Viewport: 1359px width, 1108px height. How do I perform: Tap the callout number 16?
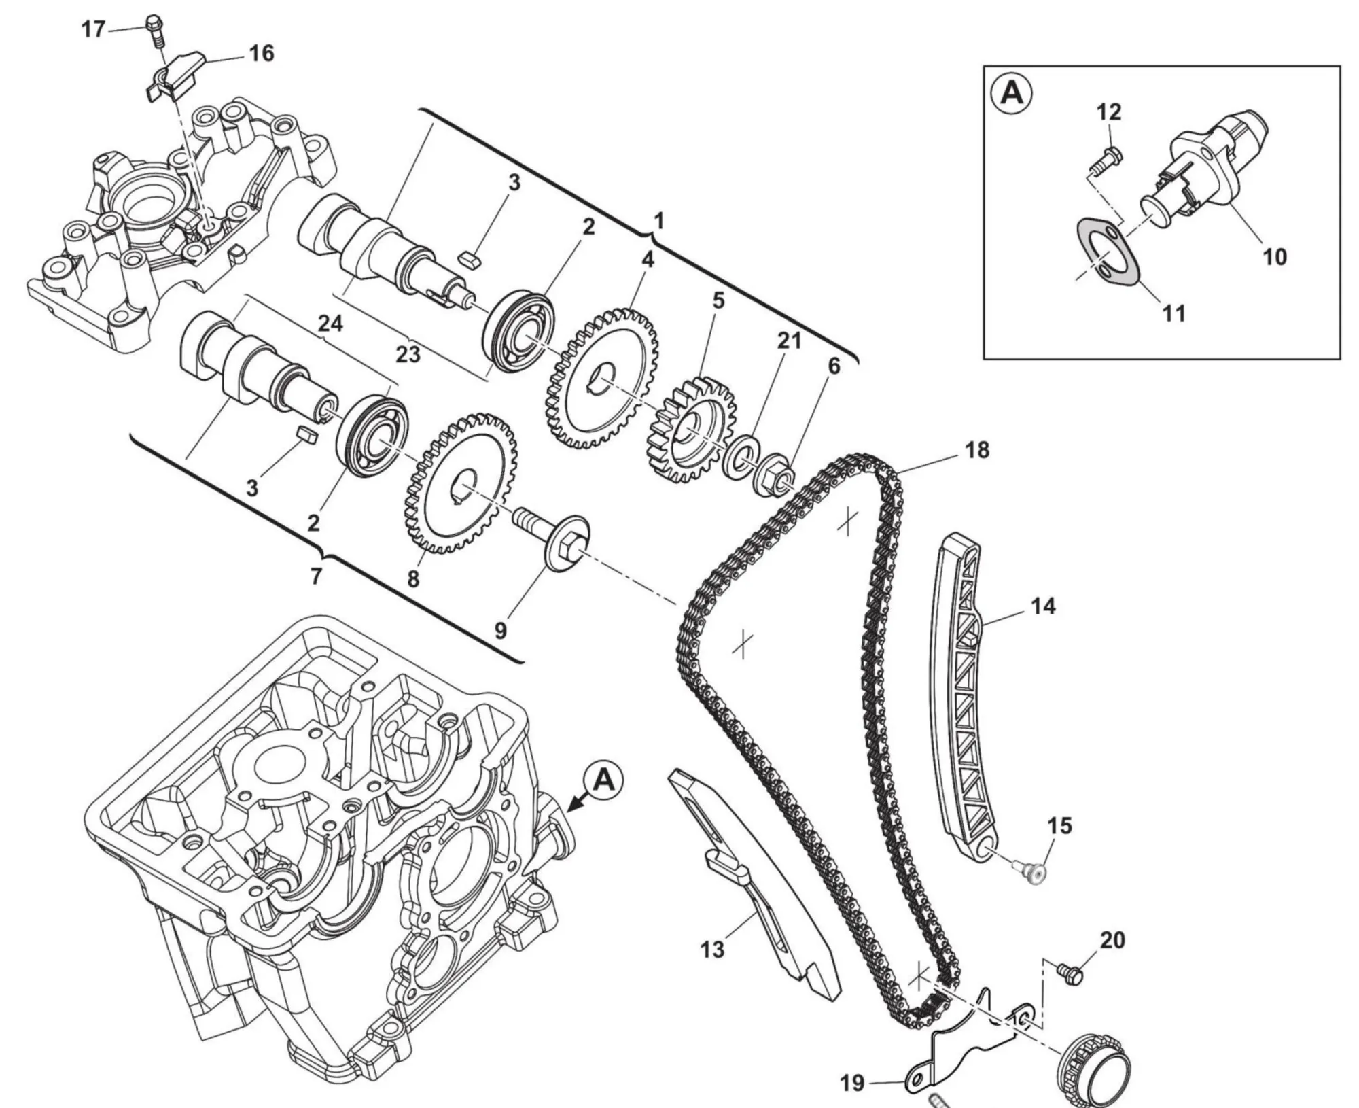pos(261,54)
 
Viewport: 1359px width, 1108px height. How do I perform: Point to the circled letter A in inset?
pos(1012,93)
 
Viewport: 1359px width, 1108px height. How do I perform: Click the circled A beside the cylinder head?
pos(603,781)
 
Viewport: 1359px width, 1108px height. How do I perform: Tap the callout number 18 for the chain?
pos(977,450)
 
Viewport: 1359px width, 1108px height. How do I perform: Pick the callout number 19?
pos(852,1082)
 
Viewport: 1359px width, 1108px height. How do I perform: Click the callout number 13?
pos(712,950)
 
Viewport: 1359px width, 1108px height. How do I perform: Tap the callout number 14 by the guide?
pos(1043,606)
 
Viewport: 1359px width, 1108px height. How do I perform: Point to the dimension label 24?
pos(330,324)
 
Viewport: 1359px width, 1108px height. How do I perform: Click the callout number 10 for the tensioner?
pos(1275,258)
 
